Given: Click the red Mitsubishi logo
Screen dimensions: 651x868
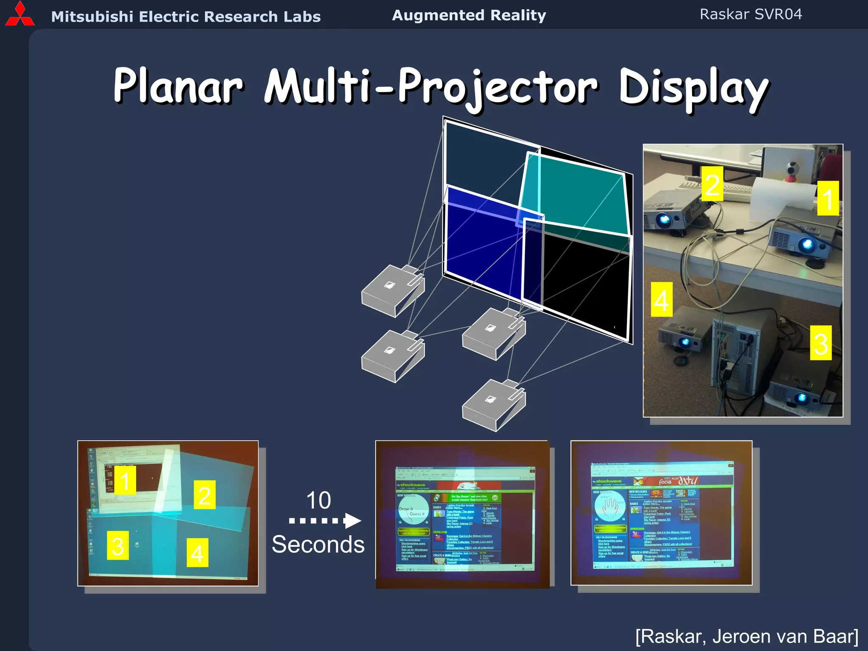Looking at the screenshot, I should (19, 15).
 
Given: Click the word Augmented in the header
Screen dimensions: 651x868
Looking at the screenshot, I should (438, 15).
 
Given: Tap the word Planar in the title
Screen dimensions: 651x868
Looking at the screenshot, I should (178, 86).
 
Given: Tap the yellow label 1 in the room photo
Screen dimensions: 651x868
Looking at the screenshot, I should (828, 198).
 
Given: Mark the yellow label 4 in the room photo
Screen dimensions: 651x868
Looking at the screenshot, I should (662, 299).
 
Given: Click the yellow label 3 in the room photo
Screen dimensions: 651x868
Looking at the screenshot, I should (821, 343).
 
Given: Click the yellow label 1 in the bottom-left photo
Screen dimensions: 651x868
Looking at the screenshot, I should (125, 480).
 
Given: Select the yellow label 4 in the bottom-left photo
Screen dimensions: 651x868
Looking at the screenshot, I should (198, 552).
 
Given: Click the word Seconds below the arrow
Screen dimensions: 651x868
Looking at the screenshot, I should (318, 544).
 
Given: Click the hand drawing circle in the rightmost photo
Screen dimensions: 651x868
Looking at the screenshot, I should (610, 507).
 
